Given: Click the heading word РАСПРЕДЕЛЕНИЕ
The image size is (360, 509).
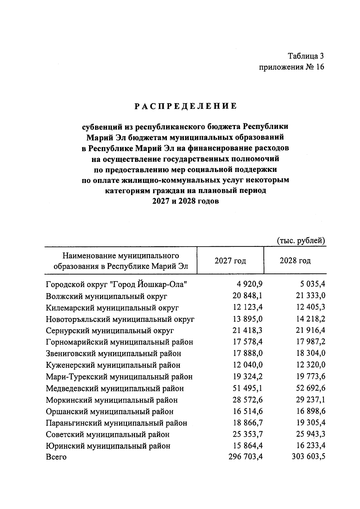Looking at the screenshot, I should pyautogui.click(x=185, y=106).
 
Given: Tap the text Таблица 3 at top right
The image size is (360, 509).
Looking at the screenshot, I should pyautogui.click(x=306, y=56).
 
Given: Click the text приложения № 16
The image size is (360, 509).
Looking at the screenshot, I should pyautogui.click(x=291, y=67).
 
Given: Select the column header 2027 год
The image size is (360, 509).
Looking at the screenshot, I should pyautogui.click(x=230, y=261).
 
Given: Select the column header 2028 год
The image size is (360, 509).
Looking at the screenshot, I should pyautogui.click(x=295, y=261).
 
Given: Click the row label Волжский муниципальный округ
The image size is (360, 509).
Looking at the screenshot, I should pyautogui.click(x=106, y=296).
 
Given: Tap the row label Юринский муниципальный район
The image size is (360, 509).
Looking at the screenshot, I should pyautogui.click(x=108, y=446).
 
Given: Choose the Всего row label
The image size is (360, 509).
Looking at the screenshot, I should pyautogui.click(x=56, y=457).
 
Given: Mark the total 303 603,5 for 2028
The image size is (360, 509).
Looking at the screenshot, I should pyautogui.click(x=308, y=457).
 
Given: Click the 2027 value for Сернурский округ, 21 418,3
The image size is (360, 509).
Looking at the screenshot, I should pyautogui.click(x=247, y=330).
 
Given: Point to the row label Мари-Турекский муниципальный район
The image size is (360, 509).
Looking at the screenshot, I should pyautogui.click(x=119, y=377).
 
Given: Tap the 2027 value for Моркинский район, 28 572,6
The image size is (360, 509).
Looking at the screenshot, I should pyautogui.click(x=247, y=400).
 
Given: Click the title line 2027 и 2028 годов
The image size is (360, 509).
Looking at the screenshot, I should pyautogui.click(x=185, y=201).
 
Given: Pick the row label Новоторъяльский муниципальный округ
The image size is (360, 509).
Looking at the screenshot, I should pyautogui.click(x=120, y=319).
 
